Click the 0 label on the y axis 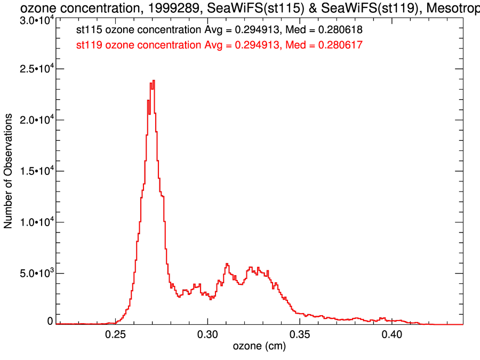[x=50, y=321]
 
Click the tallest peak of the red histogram [x=154, y=81]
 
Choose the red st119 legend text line [x=220, y=45]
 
